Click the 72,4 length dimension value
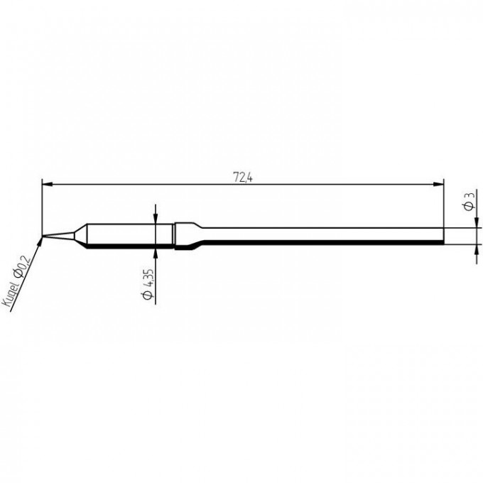243,178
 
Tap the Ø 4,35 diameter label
148,284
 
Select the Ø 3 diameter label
469,202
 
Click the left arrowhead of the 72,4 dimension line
46,184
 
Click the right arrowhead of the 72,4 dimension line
439,184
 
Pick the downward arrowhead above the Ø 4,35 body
156,219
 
